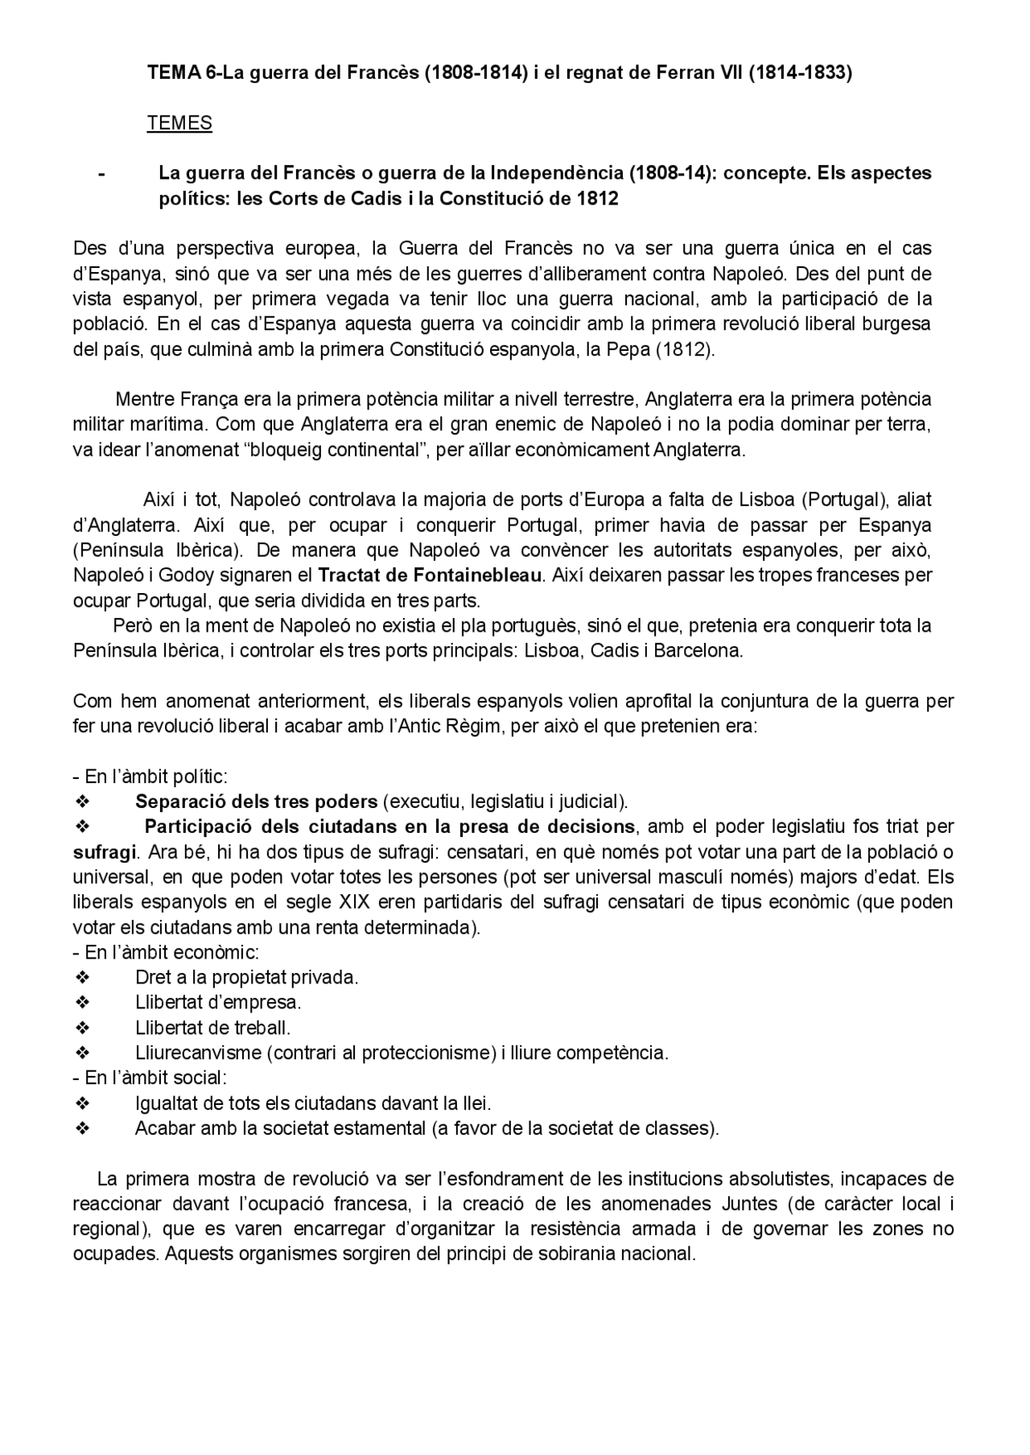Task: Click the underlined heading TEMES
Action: [179, 123]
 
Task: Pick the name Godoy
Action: [186, 575]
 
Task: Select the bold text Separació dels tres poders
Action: [256, 802]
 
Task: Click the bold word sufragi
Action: [104, 851]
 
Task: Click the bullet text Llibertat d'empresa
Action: [218, 1003]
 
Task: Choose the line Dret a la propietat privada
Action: [246, 978]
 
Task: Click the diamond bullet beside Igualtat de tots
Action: [81, 1103]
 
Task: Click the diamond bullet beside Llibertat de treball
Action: [81, 1028]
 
